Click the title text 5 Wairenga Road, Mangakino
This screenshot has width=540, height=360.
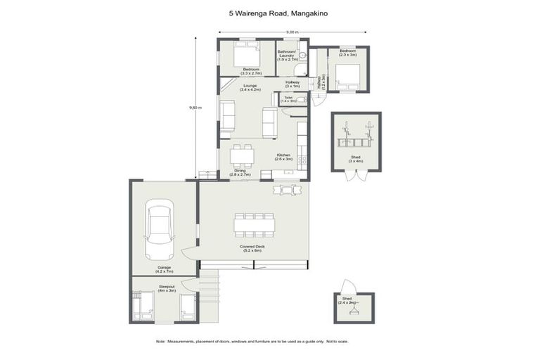[270, 12]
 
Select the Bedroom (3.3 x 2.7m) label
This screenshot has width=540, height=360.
[251, 71]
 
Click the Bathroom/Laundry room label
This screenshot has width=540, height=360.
[287, 56]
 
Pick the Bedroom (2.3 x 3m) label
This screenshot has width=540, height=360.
[348, 53]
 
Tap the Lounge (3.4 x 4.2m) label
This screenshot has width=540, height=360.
[250, 88]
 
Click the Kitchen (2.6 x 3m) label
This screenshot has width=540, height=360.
[283, 157]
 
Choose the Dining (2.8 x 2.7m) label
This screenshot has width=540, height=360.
[240, 172]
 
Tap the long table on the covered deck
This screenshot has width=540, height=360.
[255, 225]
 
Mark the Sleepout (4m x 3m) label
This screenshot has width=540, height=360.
[167, 289]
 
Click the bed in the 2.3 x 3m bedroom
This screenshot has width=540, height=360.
[347, 75]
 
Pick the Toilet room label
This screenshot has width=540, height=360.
[288, 99]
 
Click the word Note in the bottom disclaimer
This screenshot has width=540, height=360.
[160, 342]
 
